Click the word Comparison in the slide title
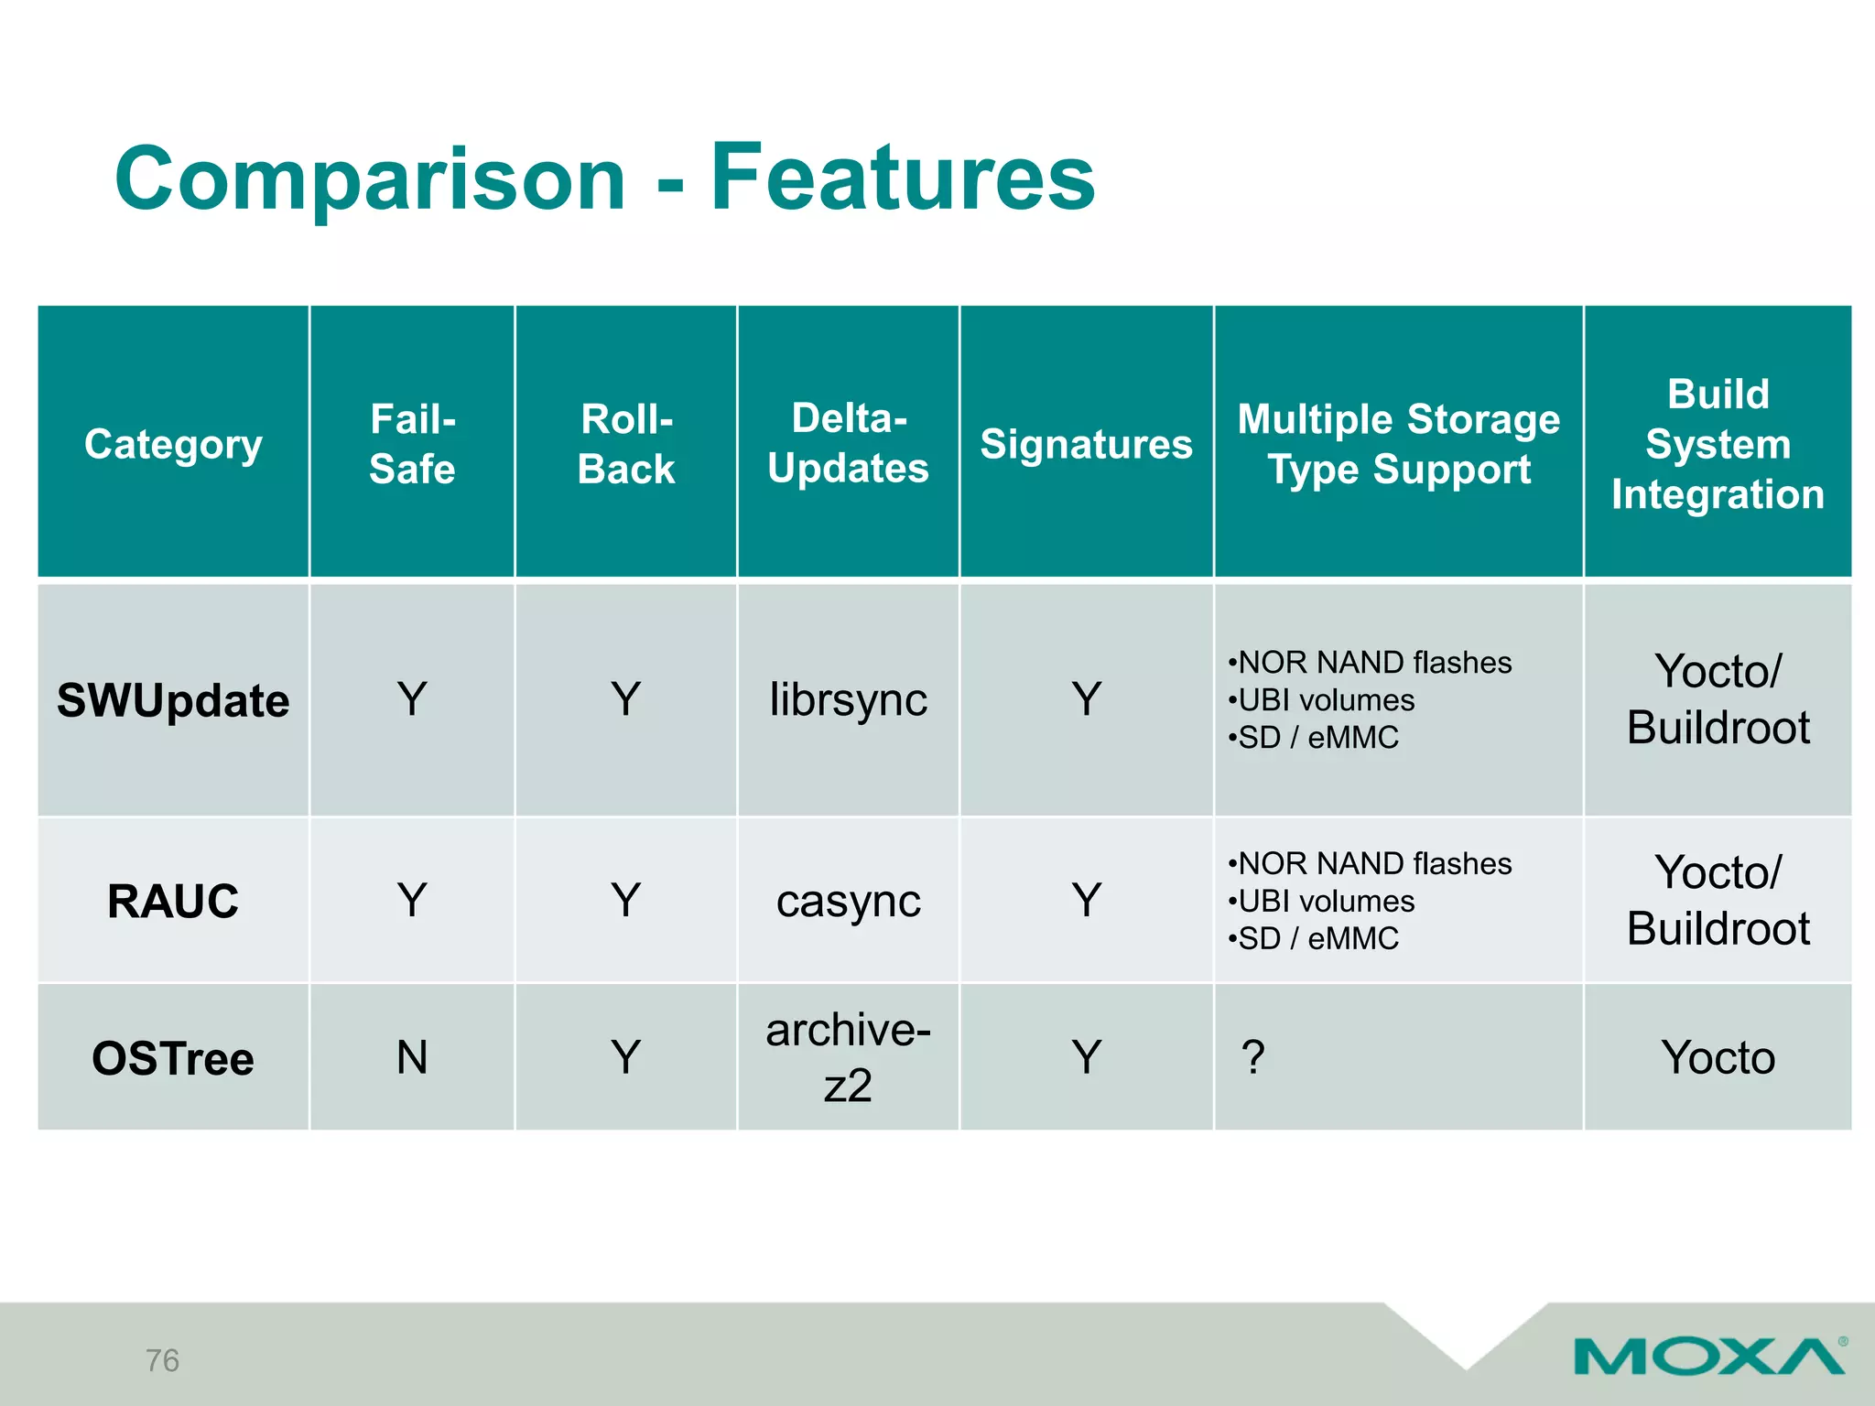[370, 179]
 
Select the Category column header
[173, 444]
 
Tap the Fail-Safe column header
[412, 444]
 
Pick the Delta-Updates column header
[848, 443]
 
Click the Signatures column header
[1086, 444]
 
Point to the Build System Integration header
[1718, 444]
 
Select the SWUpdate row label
[173, 701]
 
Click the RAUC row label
[173, 902]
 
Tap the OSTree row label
[173, 1059]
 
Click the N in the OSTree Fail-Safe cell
[412, 1058]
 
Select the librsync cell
[848, 700]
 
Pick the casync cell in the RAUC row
[848, 902]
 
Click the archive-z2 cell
[848, 1058]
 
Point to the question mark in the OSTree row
[1253, 1058]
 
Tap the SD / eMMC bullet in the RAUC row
[1314, 939]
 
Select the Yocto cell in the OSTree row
[1718, 1058]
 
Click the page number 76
[162, 1360]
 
